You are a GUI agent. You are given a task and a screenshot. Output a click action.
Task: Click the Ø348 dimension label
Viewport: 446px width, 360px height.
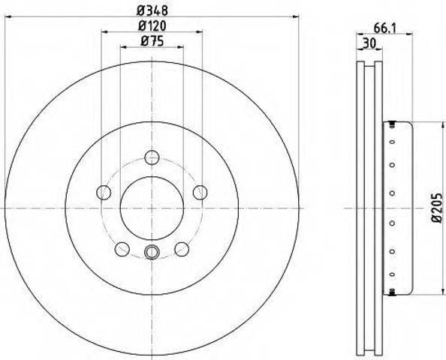tap(152, 11)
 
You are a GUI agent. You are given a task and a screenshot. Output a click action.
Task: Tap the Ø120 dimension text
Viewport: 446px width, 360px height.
tap(152, 26)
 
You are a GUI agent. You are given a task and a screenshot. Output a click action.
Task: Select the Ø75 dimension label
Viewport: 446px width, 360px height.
tap(152, 42)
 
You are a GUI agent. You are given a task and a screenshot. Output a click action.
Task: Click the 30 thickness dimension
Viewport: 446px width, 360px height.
tap(369, 43)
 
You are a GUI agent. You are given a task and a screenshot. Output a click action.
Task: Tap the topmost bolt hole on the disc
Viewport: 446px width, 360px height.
tap(152, 157)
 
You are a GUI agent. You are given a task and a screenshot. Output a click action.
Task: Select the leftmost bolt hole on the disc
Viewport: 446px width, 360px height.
tap(104, 192)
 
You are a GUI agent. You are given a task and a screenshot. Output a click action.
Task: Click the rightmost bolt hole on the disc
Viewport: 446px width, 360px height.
tap(200, 192)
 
